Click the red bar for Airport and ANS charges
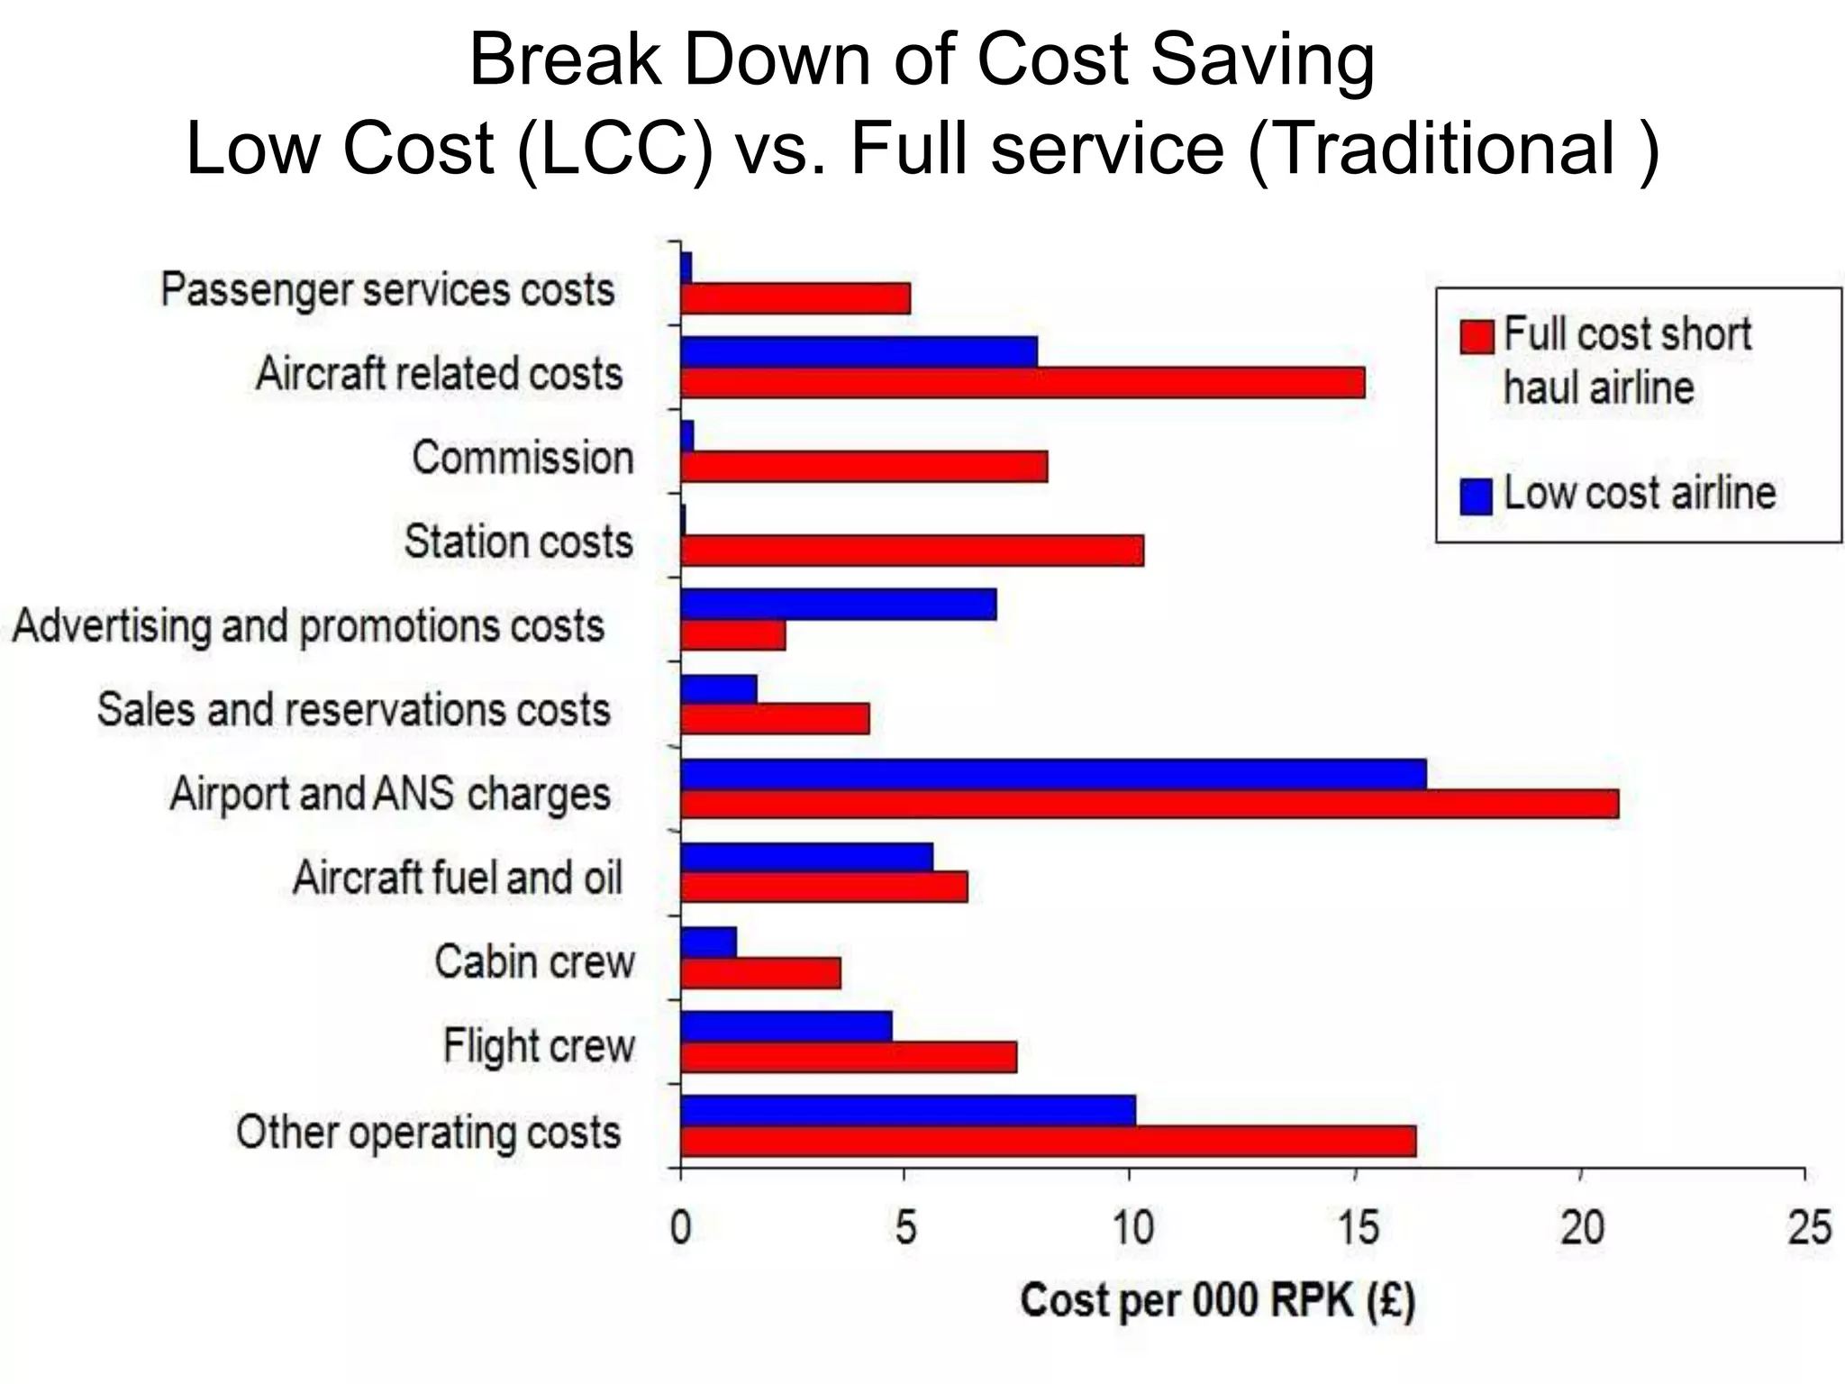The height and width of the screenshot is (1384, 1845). coord(1150,804)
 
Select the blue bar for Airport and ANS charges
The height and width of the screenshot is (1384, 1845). coord(1053,774)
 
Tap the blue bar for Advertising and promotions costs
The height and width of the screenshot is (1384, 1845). coord(838,605)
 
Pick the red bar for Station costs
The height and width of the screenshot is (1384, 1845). coord(912,551)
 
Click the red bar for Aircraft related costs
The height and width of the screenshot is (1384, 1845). coord(1022,382)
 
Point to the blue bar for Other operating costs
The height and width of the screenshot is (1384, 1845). coord(908,1110)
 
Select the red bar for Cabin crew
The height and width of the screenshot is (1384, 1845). coord(760,973)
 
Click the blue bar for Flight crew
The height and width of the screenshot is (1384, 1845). coord(786,1026)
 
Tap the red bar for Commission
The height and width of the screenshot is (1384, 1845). coord(864,467)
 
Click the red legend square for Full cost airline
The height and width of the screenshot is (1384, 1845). coord(1476,336)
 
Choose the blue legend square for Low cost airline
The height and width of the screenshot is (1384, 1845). coord(1476,496)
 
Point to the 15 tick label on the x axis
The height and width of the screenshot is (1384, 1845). coord(1357,1228)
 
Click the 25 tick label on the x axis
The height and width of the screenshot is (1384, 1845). coord(1808,1228)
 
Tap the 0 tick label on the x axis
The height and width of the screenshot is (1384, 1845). coord(681,1228)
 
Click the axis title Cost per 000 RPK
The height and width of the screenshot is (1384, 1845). coord(1217,1301)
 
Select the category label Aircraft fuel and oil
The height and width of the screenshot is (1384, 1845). coord(458,878)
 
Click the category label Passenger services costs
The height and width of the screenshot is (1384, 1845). coord(387,290)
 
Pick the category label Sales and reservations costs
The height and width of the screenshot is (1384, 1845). coord(354,709)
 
